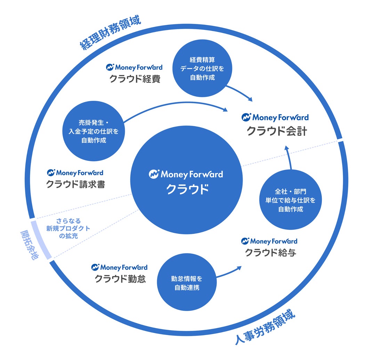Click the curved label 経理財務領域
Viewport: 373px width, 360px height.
tap(111, 33)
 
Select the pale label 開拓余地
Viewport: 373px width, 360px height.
tap(30, 245)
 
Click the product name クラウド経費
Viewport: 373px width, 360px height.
tap(135, 79)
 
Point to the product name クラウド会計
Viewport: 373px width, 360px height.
tap(277, 131)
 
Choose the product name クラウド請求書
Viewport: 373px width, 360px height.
tap(75, 185)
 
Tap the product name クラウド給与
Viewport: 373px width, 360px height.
tap(271, 253)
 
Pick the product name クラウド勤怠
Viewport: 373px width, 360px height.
tap(120, 279)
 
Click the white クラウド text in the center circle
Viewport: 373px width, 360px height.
tap(187, 190)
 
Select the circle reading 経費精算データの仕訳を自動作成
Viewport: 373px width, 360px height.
tap(202, 68)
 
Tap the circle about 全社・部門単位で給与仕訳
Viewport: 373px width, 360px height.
tap(291, 201)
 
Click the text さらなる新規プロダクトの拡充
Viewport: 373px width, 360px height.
tap(68, 228)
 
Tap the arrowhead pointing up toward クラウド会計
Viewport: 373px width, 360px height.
tap(287, 148)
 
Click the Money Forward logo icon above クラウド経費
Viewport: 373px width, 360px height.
tap(110, 67)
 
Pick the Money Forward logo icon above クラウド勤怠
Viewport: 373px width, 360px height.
tap(95, 267)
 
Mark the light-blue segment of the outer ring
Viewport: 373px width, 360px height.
tap(41, 239)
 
